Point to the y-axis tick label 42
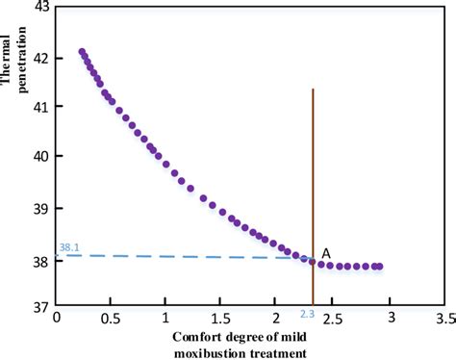(43, 56)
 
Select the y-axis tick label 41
(43, 106)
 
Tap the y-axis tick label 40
(43, 156)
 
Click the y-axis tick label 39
(43, 207)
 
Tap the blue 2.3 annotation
(307, 314)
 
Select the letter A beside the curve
(327, 252)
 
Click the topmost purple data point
(82, 52)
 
